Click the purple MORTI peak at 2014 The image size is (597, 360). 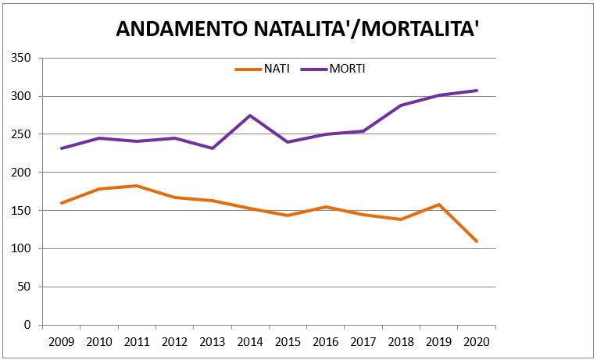click(x=250, y=116)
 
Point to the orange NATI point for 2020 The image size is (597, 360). click(x=477, y=241)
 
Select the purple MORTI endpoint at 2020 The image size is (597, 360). click(x=477, y=91)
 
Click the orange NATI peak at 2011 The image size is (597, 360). click(x=137, y=186)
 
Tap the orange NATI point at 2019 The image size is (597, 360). click(x=439, y=205)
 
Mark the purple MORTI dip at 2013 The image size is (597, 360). click(x=213, y=148)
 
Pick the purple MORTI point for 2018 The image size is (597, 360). click(x=401, y=105)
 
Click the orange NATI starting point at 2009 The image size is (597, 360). click(x=61, y=203)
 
